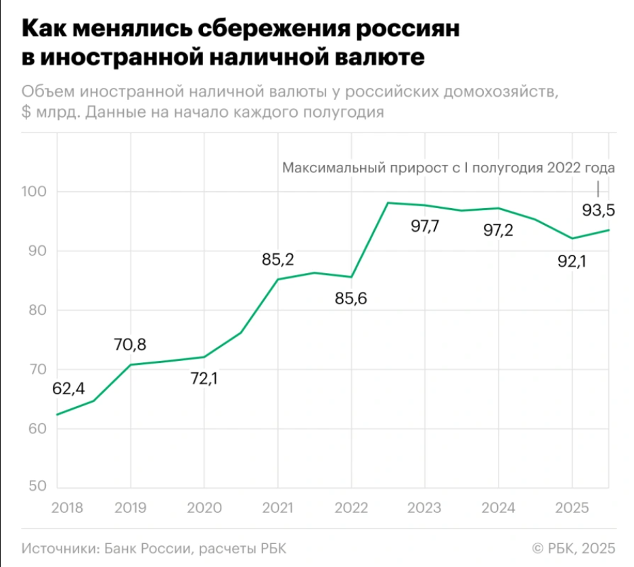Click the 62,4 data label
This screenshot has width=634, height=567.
click(x=68, y=389)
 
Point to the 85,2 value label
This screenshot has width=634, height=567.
click(x=277, y=259)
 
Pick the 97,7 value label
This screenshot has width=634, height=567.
click(x=425, y=226)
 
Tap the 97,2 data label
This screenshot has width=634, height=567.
click(x=499, y=230)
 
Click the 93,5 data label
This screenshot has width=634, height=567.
click(x=598, y=211)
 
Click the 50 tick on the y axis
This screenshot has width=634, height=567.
click(x=39, y=487)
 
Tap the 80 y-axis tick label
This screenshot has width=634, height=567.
click(x=39, y=310)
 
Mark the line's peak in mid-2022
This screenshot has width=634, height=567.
click(x=388, y=203)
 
